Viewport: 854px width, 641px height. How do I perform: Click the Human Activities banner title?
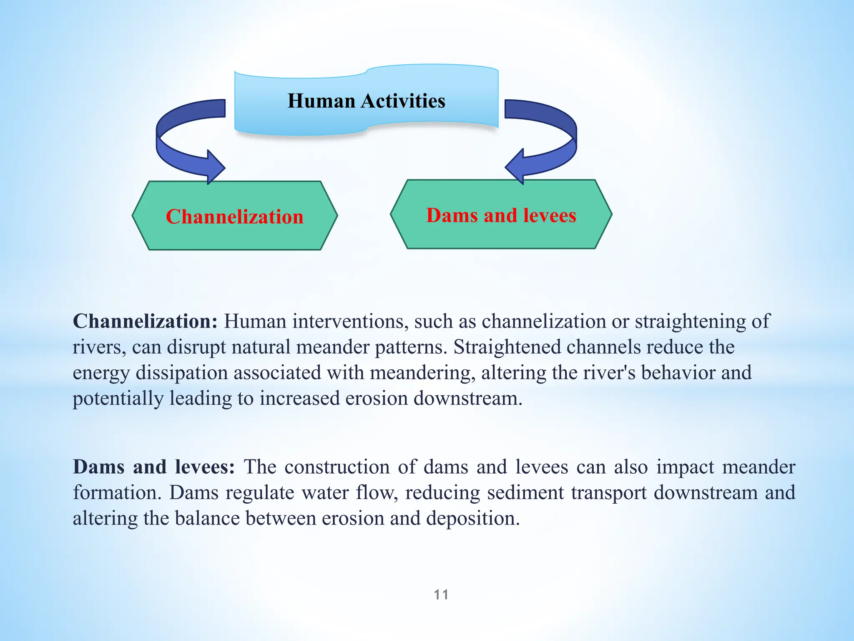pyautogui.click(x=366, y=101)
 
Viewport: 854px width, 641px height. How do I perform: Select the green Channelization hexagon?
pyautogui.click(x=234, y=216)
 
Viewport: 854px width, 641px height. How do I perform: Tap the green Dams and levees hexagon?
pyautogui.click(x=501, y=215)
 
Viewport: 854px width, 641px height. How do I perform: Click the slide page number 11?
pyautogui.click(x=441, y=594)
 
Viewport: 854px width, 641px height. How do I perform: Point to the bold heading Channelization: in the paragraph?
pyautogui.click(x=145, y=321)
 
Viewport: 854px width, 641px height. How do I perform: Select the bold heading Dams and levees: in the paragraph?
pyautogui.click(x=154, y=467)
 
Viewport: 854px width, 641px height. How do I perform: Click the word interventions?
pyautogui.click(x=349, y=321)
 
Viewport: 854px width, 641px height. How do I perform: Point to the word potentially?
pyautogui.click(x=118, y=399)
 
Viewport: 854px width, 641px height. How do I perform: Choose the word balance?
pyautogui.click(x=207, y=518)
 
